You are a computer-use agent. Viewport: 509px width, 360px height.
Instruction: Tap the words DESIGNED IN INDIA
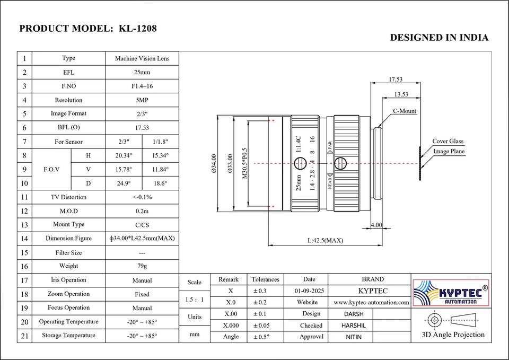(439, 38)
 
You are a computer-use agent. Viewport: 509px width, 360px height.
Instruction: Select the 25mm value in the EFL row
(142, 72)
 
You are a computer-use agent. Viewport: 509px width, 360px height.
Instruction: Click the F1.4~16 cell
(142, 86)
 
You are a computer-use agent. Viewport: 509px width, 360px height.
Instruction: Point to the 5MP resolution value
(142, 100)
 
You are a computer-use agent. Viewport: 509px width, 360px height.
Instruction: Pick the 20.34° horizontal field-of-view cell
(124, 155)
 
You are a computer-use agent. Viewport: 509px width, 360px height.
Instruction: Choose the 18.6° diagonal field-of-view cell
(161, 183)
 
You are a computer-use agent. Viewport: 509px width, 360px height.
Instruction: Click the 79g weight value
(142, 266)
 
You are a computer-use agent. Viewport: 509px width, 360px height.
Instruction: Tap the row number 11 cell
(24, 197)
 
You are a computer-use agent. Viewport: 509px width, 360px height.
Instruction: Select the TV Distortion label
(68, 197)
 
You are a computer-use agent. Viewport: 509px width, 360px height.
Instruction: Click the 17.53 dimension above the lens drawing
(396, 80)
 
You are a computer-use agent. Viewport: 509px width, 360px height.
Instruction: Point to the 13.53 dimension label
(401, 94)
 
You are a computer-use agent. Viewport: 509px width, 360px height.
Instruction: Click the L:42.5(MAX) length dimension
(325, 240)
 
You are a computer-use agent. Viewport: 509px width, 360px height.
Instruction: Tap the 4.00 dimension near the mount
(376, 225)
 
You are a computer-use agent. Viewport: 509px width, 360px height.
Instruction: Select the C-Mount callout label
(405, 111)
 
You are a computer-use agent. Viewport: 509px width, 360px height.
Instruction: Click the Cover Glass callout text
(447, 142)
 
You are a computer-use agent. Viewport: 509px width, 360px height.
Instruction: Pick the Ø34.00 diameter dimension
(214, 164)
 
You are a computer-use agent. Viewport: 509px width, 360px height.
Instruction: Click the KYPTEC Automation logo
(451, 292)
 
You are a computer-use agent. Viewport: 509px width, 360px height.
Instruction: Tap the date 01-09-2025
(309, 291)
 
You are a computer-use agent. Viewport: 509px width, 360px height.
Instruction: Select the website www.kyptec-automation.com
(371, 302)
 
